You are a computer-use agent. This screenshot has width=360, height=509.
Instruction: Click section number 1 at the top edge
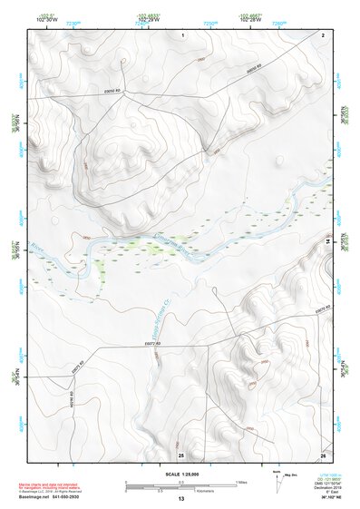182,34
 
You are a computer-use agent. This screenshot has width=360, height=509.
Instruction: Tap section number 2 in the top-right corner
323,34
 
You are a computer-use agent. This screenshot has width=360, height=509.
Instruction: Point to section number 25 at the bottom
181,454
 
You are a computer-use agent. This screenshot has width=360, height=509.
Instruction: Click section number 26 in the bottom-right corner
323,454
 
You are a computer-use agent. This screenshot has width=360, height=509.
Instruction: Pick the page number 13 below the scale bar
180,499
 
